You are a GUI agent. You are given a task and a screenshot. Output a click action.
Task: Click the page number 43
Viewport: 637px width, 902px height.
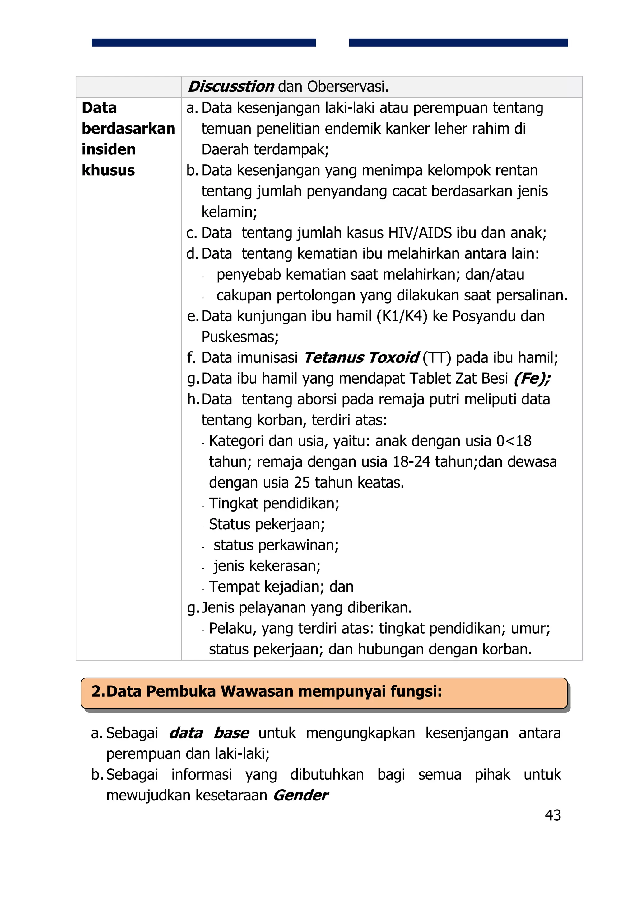pos(553,815)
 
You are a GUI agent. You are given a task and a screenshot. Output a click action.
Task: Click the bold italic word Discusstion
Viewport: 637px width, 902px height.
pos(231,87)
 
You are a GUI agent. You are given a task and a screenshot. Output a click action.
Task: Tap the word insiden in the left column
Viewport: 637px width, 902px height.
pos(108,149)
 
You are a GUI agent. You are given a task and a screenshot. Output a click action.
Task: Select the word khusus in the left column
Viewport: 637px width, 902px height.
pos(108,170)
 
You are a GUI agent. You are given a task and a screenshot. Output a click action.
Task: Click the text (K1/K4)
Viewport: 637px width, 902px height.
pos(402,316)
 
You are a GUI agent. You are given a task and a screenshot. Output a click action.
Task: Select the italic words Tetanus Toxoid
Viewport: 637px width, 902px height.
pos(361,358)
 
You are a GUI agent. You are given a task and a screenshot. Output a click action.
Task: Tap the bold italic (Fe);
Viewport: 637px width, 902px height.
pos(532,379)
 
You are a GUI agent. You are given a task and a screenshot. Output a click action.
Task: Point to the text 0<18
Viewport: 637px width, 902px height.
pos(514,441)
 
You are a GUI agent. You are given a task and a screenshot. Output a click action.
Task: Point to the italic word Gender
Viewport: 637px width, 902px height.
pos(301,795)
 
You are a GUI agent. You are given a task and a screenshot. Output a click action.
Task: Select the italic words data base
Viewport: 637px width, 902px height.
pos(209,733)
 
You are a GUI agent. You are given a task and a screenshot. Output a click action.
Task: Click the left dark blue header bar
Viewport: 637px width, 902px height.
pos(203,42)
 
